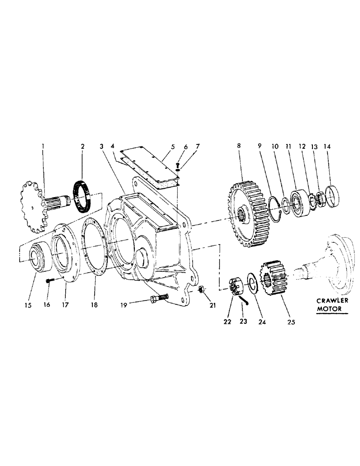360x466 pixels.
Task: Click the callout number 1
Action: click(x=42, y=146)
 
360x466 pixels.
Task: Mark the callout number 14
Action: click(x=326, y=146)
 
